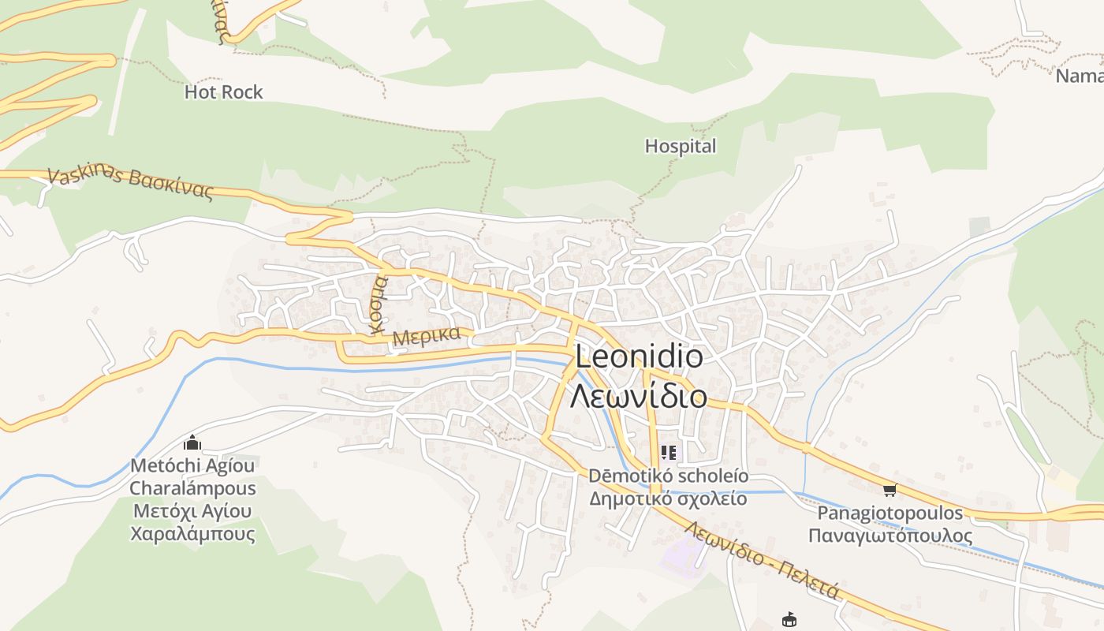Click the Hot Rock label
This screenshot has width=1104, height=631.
[223, 92]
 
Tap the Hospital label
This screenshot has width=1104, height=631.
[681, 146]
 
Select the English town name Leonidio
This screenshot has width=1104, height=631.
[639, 357]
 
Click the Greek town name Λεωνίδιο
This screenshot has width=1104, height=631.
[639, 395]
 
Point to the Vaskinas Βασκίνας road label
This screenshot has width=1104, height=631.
[131, 183]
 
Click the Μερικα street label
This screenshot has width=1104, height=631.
[427, 335]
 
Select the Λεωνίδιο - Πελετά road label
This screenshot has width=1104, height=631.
[761, 559]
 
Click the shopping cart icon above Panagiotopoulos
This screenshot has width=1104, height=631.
[890, 491]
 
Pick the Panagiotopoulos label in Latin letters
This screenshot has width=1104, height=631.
[890, 513]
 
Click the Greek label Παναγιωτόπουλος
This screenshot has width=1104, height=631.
[890, 536]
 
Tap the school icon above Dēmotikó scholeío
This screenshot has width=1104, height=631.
[669, 453]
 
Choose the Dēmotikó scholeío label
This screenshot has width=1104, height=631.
[669, 476]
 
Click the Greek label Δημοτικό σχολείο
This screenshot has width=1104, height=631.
[669, 498]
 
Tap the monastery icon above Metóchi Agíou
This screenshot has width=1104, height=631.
[192, 443]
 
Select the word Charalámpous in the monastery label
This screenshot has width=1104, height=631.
[192, 488]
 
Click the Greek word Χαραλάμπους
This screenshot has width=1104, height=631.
[192, 534]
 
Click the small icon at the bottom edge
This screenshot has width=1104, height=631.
[788, 619]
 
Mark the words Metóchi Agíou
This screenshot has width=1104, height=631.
[192, 466]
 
